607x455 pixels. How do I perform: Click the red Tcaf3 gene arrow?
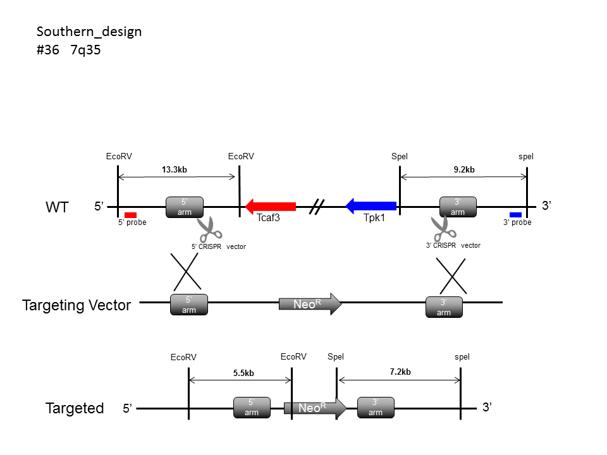coord(271,207)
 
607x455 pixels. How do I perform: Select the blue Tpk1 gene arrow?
coord(371,206)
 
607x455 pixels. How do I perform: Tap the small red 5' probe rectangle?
coord(130,215)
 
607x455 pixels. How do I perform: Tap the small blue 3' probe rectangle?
coord(516,215)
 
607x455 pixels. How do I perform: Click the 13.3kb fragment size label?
coord(175,169)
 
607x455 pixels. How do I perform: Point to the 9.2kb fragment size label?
coord(464,169)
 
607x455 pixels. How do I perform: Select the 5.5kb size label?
coord(243,373)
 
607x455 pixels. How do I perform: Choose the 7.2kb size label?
coord(400,372)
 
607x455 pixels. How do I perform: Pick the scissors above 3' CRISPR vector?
coord(444,228)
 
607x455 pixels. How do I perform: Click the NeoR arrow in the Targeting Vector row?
coord(310,304)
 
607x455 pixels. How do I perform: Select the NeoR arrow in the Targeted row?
coord(315,408)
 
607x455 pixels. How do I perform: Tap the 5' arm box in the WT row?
coord(185,207)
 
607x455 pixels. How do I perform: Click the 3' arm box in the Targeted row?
coord(376,408)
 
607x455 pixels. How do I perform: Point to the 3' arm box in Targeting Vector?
coord(444,307)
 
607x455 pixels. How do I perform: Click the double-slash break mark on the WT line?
coord(317,207)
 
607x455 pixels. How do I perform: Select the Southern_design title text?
coord(89,32)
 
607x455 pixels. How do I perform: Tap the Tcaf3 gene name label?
coord(268,218)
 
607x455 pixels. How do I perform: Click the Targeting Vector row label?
coord(77,305)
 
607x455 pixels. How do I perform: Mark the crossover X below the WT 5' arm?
coord(186,272)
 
